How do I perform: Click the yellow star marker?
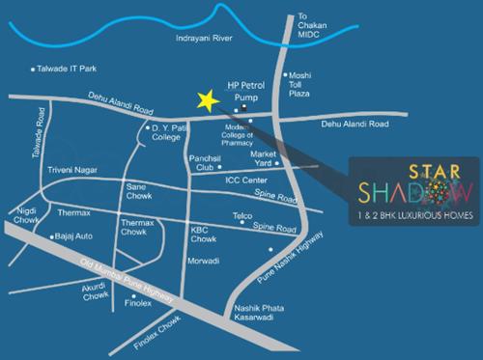click(x=206, y=99)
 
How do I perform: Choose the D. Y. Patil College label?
click(x=172, y=133)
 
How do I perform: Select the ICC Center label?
click(x=245, y=179)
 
